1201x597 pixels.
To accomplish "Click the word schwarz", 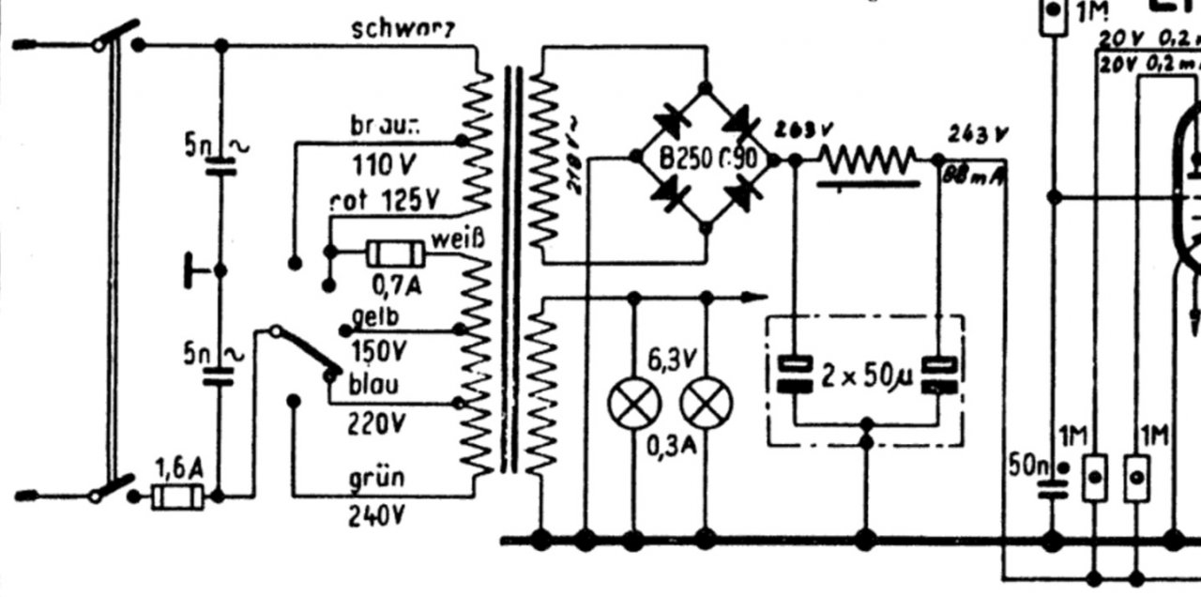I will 404,29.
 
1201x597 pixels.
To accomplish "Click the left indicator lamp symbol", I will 634,405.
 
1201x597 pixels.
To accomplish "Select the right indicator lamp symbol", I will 707,405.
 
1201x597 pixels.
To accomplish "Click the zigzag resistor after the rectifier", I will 868,160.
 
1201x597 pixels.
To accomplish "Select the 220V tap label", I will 376,425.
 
